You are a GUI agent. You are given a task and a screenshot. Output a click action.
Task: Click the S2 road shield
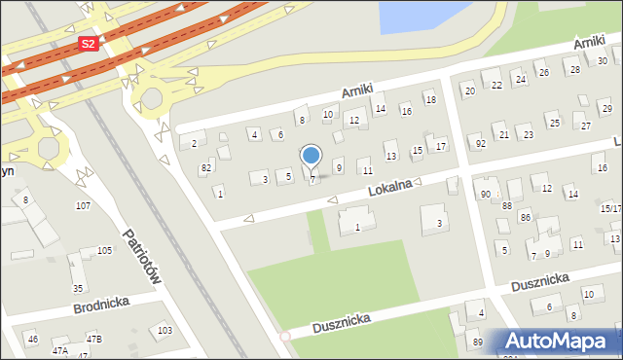(89, 44)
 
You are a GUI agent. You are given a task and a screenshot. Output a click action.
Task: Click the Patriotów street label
(142, 256)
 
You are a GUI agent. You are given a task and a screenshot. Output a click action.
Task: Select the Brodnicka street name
(102, 306)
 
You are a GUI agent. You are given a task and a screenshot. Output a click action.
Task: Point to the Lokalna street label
(389, 190)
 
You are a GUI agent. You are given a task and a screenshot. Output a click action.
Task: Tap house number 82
(205, 168)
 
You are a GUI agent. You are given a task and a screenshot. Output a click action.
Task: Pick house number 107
(83, 205)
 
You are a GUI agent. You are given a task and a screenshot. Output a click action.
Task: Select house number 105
(103, 251)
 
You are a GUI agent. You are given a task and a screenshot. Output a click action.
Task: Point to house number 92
(480, 143)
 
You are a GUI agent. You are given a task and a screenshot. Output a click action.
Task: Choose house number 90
(485, 195)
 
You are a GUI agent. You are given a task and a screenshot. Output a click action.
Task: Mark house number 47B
(93, 340)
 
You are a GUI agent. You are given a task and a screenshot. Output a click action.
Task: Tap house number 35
(77, 288)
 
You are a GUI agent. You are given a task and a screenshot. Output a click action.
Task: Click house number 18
(430, 100)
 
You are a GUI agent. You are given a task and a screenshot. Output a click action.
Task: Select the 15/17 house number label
(611, 208)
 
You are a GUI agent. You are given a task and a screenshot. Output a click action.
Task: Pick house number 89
(477, 342)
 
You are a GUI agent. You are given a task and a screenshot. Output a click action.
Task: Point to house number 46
(32, 339)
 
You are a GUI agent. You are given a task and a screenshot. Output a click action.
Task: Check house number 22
(496, 85)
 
